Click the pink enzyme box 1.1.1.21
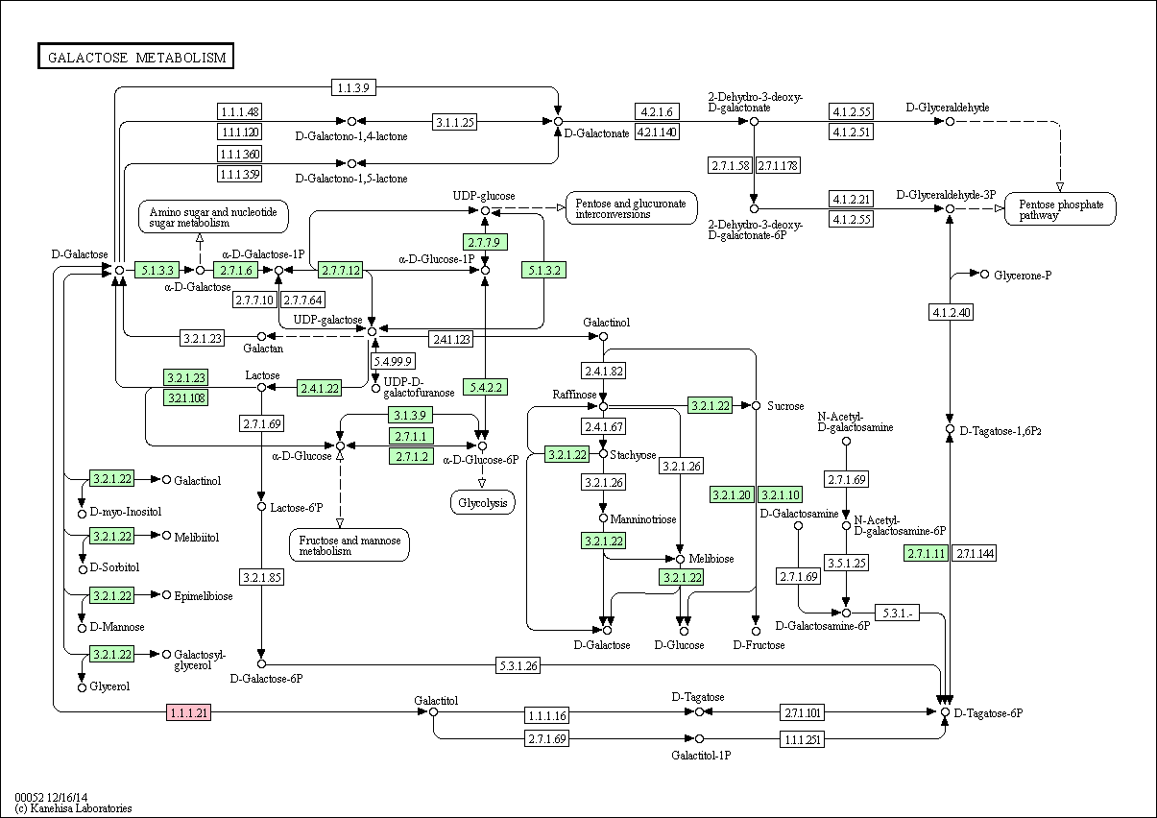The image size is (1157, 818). pos(188,712)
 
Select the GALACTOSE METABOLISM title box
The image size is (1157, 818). pos(135,57)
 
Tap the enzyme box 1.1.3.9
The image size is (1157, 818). pos(353,87)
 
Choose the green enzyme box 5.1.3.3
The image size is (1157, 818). pos(157,270)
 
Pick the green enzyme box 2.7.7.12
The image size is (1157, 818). pos(341,270)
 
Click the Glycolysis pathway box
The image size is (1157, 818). pos(483,502)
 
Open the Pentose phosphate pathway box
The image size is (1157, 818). pos(1060,209)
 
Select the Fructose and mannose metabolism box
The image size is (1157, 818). pos(350,544)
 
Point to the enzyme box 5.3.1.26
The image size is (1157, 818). pos(518,665)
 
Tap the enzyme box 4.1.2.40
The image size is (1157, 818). pos(951,312)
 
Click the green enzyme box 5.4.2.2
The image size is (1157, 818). pos(485,387)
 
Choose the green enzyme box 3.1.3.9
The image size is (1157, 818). pos(411,415)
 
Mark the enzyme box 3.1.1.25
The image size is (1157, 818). pos(454,122)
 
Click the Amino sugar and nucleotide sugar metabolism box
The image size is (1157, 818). pos(213,217)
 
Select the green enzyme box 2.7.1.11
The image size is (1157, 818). pos(927,554)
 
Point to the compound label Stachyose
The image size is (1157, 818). pos(633,455)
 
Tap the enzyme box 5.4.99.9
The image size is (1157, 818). pos(393,361)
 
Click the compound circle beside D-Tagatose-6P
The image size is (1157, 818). pos(945,712)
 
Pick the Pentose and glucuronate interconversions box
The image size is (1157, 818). pos(631,208)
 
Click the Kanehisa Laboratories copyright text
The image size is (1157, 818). pos(73,808)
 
